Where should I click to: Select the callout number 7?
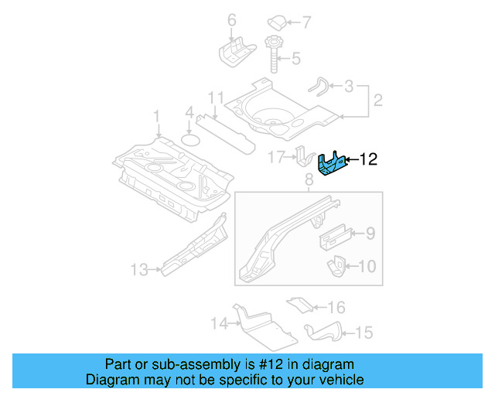[x=306, y=21]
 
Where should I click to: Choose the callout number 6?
[x=230, y=19]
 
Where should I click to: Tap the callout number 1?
[x=156, y=116]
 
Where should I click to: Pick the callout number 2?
[x=378, y=100]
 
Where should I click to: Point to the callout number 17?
[x=276, y=158]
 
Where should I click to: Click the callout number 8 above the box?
[x=308, y=179]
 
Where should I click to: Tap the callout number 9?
[x=370, y=232]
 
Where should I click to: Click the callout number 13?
[x=138, y=270]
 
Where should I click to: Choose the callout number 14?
[x=219, y=323]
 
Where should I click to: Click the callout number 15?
[x=363, y=333]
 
